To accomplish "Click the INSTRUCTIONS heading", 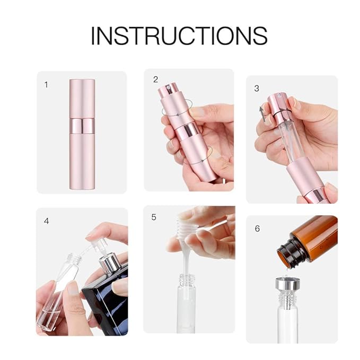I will [179, 36].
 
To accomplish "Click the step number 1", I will [46, 84].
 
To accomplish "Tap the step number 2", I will [155, 80].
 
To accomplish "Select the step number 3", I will [257, 88].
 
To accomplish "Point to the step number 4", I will [47, 221].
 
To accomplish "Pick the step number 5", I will [154, 217].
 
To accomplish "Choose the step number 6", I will [257, 229].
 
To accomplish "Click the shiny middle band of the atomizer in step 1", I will [82, 126].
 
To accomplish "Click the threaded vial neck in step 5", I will [186, 280].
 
